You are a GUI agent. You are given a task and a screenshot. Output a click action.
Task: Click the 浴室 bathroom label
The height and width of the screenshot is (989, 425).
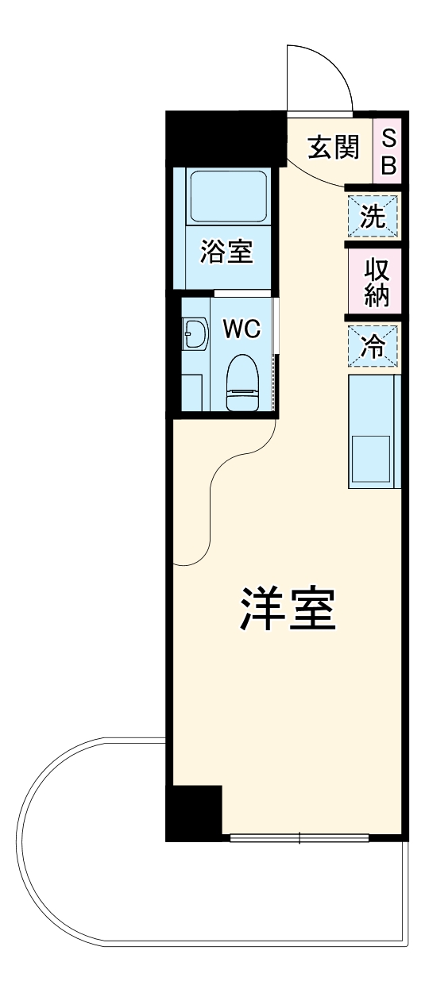226,253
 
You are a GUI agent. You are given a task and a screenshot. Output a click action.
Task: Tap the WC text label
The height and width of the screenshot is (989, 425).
241,329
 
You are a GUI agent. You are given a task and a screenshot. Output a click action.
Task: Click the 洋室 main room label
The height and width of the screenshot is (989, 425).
286,610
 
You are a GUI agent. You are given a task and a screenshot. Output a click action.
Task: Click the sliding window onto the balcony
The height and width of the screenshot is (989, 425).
299,836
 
